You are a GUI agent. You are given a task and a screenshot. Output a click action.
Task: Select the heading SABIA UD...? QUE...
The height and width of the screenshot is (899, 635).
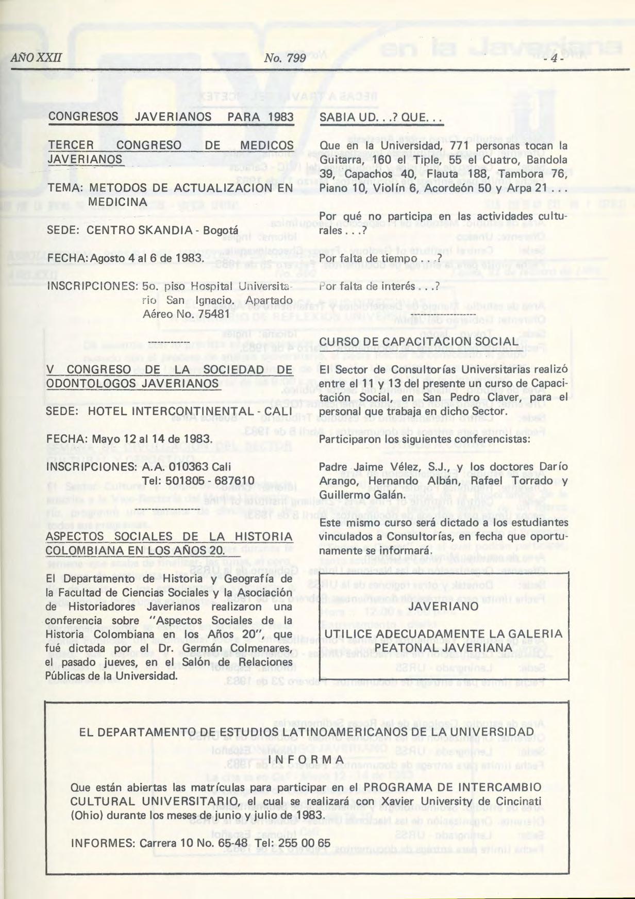(381, 118)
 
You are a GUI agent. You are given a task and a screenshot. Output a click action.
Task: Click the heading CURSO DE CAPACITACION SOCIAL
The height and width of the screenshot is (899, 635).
(419, 342)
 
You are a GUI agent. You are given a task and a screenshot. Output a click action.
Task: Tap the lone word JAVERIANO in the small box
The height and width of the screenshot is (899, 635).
(444, 607)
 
